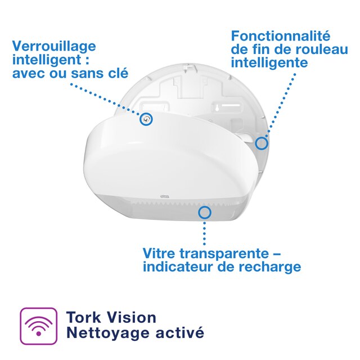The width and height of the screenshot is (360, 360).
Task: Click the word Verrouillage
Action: click(x=54, y=46)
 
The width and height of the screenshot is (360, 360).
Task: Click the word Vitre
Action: click(x=160, y=253)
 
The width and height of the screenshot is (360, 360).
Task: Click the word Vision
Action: click(x=130, y=317)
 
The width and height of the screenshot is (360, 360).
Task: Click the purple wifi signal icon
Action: click(x=39, y=326)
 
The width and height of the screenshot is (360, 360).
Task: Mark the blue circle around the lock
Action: click(x=146, y=119)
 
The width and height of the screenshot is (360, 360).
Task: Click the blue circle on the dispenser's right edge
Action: click(x=261, y=143)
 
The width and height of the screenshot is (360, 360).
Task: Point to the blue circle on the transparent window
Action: click(x=204, y=213)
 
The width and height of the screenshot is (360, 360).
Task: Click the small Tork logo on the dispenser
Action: click(x=165, y=196)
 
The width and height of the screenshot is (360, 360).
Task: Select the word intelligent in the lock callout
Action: click(x=44, y=60)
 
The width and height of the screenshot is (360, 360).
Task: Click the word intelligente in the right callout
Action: click(x=269, y=63)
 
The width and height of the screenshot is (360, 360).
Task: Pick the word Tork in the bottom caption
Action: click(x=82, y=317)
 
